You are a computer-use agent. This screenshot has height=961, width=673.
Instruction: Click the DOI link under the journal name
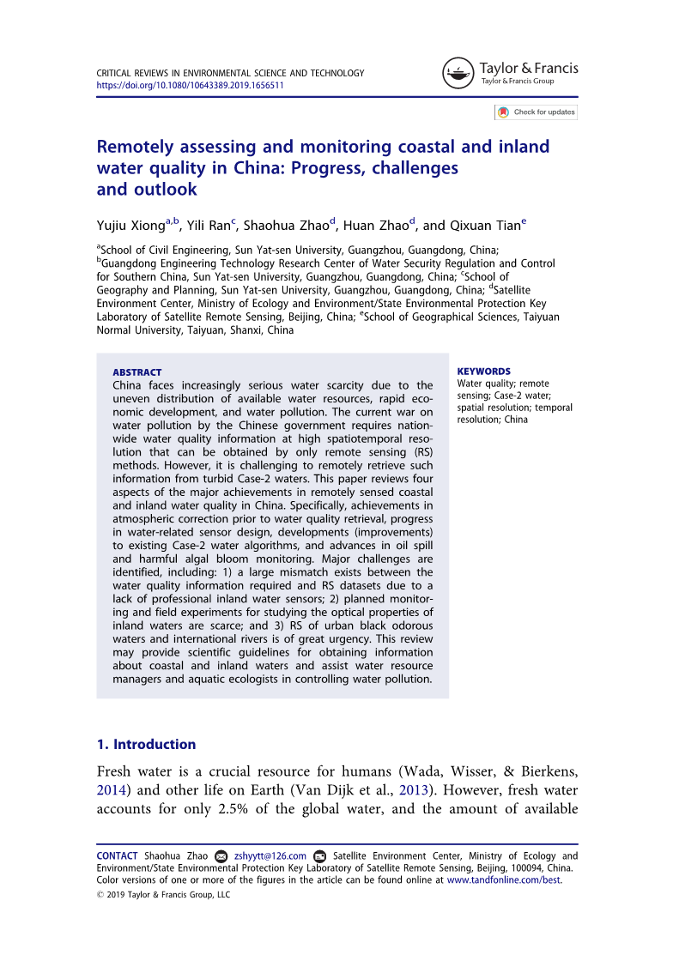point(190,86)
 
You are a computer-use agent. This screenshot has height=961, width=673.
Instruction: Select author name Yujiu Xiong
point(130,226)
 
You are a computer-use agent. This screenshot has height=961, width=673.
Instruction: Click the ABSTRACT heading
point(137,372)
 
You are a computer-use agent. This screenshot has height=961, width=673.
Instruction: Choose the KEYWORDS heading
point(484,372)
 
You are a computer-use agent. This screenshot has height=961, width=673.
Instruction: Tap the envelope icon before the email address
point(221,856)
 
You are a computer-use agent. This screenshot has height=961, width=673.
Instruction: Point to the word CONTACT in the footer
point(117,855)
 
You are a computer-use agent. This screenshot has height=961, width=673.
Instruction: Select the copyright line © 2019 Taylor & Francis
point(163,895)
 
